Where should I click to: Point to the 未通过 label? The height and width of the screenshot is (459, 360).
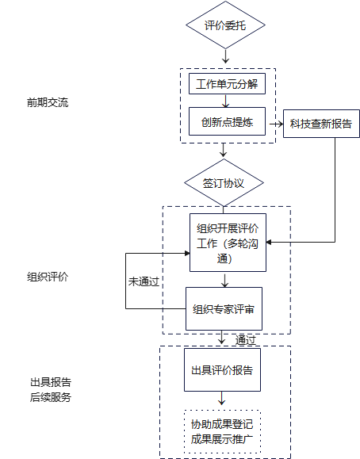tap(144, 281)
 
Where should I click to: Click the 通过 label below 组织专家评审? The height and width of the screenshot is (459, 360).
tap(246, 340)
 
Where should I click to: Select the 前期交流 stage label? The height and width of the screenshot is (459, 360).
tap(48, 102)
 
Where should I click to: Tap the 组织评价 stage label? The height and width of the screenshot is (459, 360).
tap(48, 277)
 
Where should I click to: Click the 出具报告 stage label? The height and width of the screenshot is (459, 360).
tap(51, 382)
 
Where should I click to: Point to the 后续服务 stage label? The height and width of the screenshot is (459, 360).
tap(51, 397)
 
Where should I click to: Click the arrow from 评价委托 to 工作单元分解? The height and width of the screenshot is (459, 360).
tap(225, 56)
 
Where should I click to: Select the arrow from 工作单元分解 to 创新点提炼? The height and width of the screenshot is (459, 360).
tap(225, 101)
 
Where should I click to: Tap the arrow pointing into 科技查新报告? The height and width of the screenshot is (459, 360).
tap(276, 124)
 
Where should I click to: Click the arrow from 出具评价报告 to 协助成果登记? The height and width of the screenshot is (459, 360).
tap(222, 398)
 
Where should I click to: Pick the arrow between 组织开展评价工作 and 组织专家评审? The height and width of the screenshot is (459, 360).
tap(224, 281)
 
